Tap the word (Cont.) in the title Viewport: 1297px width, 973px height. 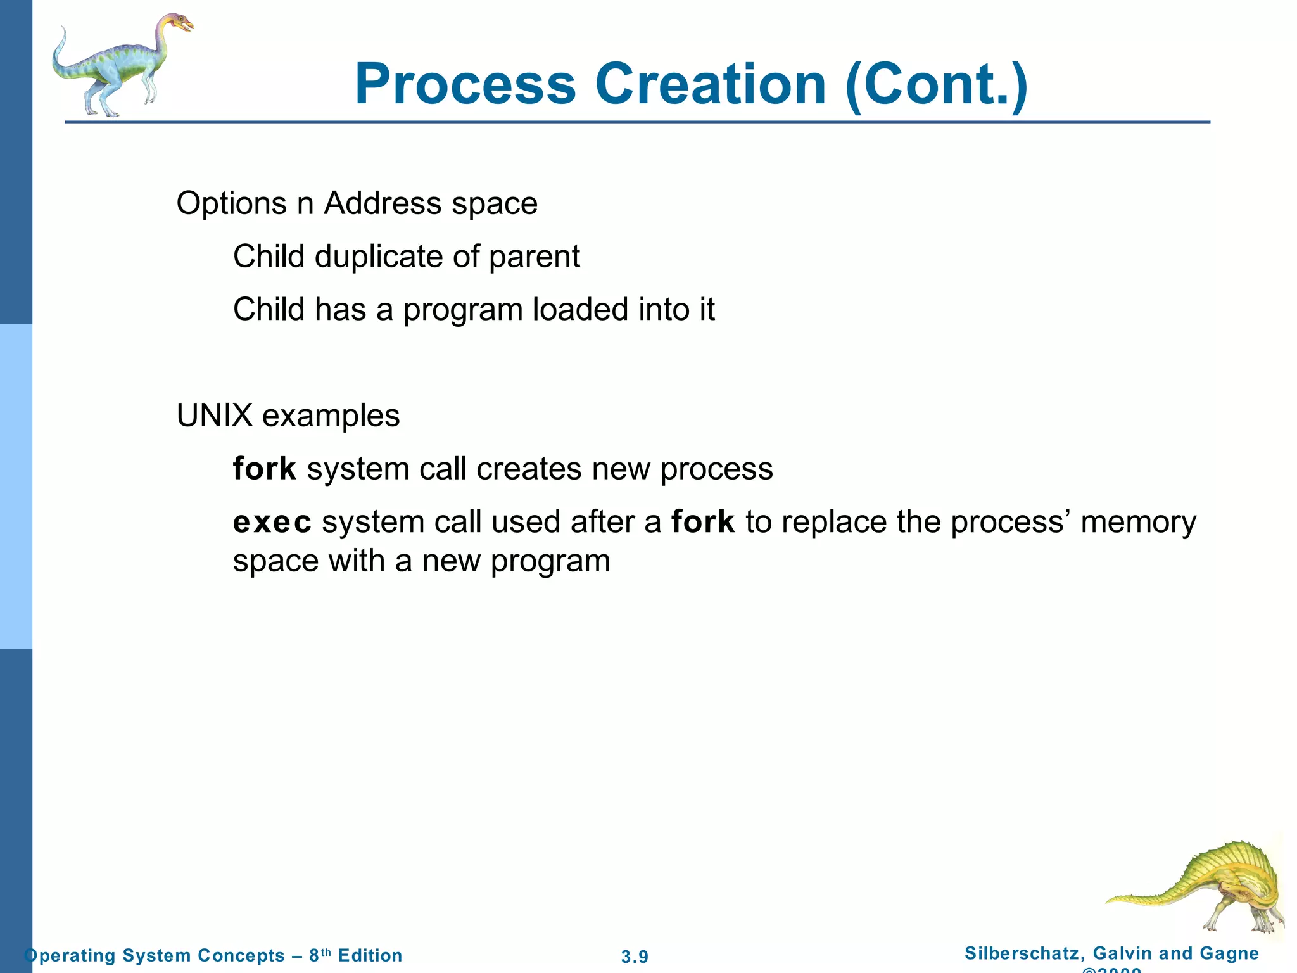pyautogui.click(x=937, y=86)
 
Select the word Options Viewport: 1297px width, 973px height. pyautogui.click(x=232, y=204)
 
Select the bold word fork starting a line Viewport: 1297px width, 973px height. pyautogui.click(x=264, y=469)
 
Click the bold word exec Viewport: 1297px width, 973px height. pyautogui.click(x=272, y=523)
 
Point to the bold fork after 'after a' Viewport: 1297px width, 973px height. pyautogui.click(x=702, y=522)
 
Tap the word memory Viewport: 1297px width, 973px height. pyautogui.click(x=1138, y=523)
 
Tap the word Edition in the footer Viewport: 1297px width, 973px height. pyautogui.click(x=370, y=955)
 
